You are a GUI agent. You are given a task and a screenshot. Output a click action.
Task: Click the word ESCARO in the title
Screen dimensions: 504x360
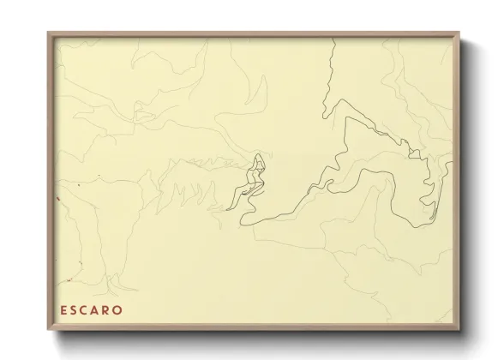[91, 309]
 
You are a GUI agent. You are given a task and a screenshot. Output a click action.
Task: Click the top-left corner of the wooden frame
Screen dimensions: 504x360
[49, 33]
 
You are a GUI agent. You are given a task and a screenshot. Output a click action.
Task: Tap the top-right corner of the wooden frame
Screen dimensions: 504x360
[462, 33]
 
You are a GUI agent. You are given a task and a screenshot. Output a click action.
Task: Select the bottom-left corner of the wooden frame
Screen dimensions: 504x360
[49, 331]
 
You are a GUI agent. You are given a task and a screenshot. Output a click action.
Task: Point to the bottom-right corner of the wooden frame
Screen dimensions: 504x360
[462, 331]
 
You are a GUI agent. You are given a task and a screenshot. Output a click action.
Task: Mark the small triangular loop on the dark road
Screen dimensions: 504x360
[417, 154]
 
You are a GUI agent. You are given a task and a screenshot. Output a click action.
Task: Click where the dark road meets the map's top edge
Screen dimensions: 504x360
[330, 39]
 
